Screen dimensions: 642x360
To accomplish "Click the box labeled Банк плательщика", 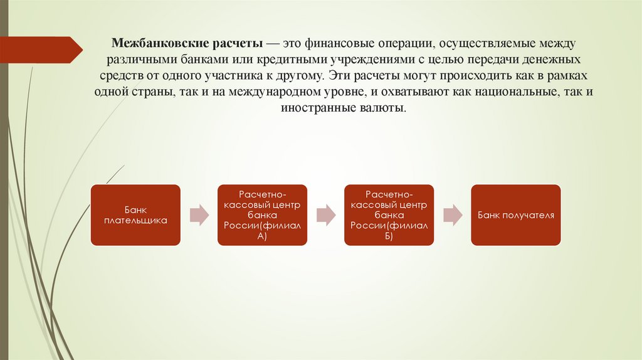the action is click(135, 214).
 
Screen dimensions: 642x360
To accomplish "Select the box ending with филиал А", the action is click(262, 214).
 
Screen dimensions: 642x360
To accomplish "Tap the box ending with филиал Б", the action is click(389, 214).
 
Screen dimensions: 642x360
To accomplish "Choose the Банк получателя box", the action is click(515, 214).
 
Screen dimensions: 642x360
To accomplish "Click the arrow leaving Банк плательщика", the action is click(199, 214).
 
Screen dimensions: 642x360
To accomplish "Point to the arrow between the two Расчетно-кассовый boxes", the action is click(325, 214).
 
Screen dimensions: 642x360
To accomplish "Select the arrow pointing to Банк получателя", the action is click(452, 214).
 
